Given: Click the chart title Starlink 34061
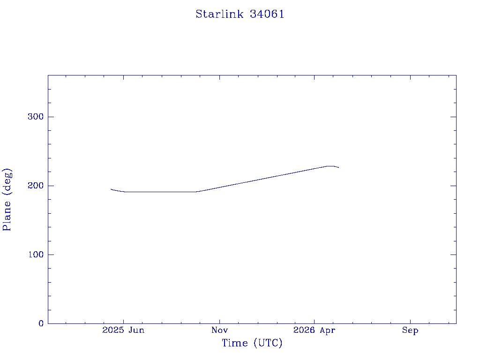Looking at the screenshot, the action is tap(240, 14).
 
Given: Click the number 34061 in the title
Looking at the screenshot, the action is tap(267, 14).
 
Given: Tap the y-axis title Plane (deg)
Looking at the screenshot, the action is tap(7, 199).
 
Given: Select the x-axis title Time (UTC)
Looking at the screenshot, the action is tap(252, 343).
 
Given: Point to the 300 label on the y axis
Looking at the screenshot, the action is tap(36, 117).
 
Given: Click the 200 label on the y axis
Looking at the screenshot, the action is tap(36, 186).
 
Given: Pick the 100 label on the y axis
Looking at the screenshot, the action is tap(36, 255).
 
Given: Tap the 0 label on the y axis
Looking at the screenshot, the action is tap(41, 323).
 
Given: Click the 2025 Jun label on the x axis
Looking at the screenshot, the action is tap(123, 330).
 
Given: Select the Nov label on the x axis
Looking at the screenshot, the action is tap(219, 330).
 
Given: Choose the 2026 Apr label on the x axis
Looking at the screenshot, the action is tap(315, 330).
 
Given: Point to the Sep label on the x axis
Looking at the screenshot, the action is tap(410, 330).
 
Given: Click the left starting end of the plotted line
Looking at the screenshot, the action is tap(111, 189).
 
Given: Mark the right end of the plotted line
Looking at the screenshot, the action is tap(338, 167).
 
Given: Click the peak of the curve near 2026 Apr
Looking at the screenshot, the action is tap(330, 166).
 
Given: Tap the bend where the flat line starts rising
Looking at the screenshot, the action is tap(196, 192).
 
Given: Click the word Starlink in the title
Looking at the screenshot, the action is tap(219, 14).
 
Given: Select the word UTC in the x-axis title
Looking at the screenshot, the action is tap(268, 343).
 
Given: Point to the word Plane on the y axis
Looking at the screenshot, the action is tap(7, 216).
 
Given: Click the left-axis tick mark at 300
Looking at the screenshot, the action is tap(51, 117).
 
